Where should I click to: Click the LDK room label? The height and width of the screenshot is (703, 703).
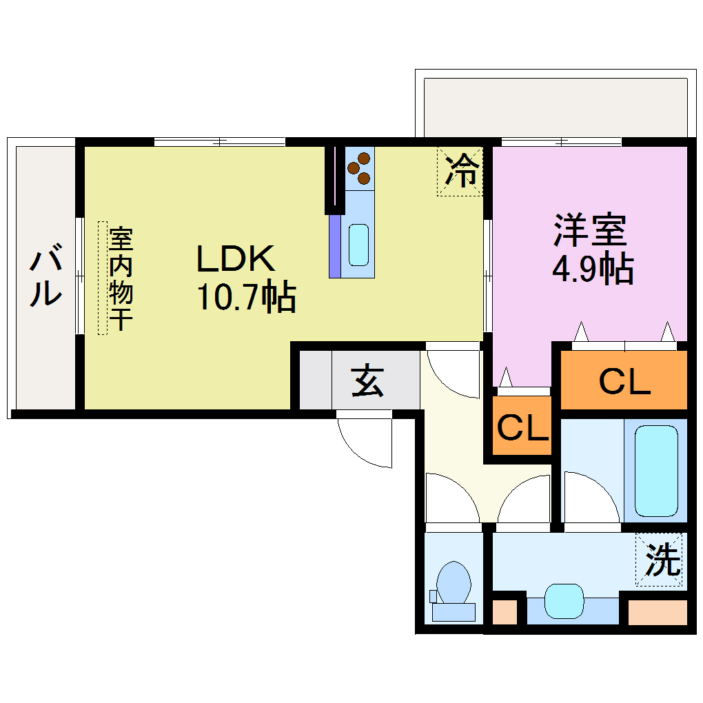pyautogui.click(x=236, y=258)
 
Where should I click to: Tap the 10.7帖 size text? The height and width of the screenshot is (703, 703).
pyautogui.click(x=247, y=298)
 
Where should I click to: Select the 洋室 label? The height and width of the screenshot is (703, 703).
pyautogui.click(x=590, y=230)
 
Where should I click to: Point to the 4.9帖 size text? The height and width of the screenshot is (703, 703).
pyautogui.click(x=593, y=269)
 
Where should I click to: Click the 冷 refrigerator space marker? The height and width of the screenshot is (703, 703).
pyautogui.click(x=460, y=171)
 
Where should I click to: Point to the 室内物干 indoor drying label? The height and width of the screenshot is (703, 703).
pyautogui.click(x=121, y=278)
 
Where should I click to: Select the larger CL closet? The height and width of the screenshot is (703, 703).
pyautogui.click(x=624, y=381)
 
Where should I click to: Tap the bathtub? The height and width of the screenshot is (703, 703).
pyautogui.click(x=656, y=470)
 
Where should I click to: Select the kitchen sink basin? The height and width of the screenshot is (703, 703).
pyautogui.click(x=358, y=245)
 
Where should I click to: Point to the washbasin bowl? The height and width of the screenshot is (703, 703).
pyautogui.click(x=564, y=600)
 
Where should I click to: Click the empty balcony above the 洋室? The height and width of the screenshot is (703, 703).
pyautogui.click(x=556, y=108)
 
